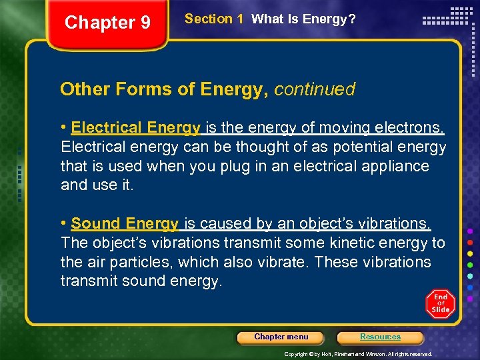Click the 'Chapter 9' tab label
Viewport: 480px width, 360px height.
107,23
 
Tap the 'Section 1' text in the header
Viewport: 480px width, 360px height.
213,19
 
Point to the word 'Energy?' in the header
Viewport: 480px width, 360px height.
328,19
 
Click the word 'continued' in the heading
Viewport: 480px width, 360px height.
315,89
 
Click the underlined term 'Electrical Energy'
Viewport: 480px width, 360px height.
135,127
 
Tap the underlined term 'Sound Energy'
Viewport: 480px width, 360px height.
125,223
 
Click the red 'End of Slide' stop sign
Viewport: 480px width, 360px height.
441,304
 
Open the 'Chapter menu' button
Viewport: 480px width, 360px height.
281,337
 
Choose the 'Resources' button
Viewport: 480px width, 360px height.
380,337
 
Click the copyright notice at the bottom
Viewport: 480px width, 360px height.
358,354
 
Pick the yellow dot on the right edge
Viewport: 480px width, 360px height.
471,253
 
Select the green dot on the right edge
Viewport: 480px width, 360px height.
471,265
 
